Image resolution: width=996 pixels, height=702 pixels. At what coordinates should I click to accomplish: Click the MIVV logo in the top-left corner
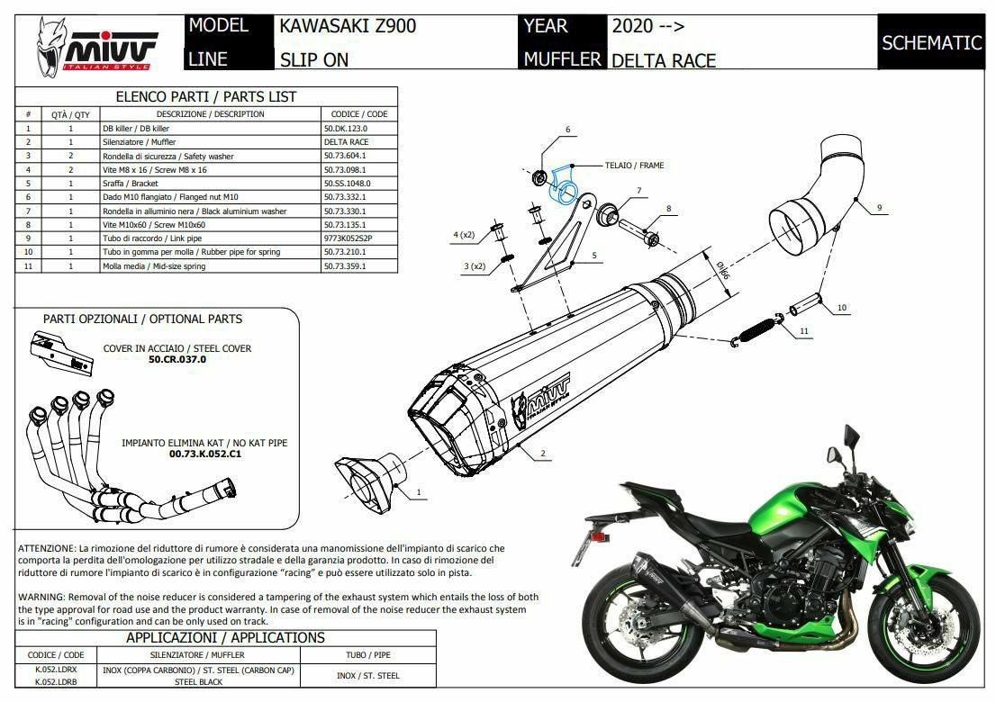click(x=95, y=48)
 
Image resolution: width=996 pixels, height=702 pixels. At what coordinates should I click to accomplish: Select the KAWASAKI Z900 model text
click(x=348, y=26)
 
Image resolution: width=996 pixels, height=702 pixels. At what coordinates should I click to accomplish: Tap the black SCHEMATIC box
click(x=931, y=42)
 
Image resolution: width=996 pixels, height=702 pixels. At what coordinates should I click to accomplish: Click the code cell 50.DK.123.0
click(x=346, y=128)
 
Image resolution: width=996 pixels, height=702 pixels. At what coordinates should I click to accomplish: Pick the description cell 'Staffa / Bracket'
click(x=131, y=184)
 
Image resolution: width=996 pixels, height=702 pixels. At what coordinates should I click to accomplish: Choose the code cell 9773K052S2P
click(x=349, y=238)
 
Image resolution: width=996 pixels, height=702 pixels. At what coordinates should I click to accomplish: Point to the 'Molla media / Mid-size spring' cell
click(x=154, y=265)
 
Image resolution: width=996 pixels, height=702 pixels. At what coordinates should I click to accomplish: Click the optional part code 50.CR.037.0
click(x=177, y=359)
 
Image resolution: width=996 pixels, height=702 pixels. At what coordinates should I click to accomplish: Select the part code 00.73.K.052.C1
click(x=204, y=454)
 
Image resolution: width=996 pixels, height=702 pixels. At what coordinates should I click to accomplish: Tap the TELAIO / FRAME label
click(x=634, y=166)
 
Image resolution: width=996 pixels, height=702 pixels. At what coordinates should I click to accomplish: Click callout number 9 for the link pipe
click(x=879, y=208)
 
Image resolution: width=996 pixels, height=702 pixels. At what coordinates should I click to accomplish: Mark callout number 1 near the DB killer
click(x=419, y=492)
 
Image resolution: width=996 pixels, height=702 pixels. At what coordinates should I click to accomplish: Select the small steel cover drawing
click(x=61, y=355)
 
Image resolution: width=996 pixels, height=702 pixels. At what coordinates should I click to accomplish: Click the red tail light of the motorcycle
click(x=598, y=537)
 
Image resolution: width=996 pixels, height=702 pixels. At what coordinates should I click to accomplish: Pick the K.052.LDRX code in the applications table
click(x=56, y=670)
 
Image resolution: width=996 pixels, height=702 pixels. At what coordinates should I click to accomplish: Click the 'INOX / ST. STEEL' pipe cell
click(x=367, y=676)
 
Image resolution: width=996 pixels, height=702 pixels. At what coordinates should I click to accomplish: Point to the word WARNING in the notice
click(x=41, y=598)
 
